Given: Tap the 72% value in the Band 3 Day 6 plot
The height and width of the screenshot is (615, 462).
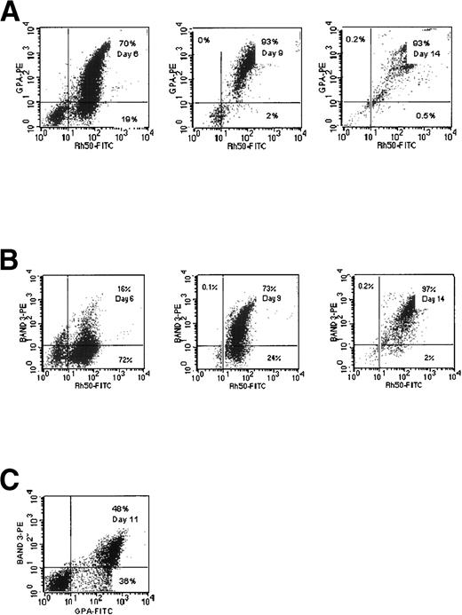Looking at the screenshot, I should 125,359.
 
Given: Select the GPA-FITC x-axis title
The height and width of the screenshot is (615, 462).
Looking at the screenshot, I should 97,611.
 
